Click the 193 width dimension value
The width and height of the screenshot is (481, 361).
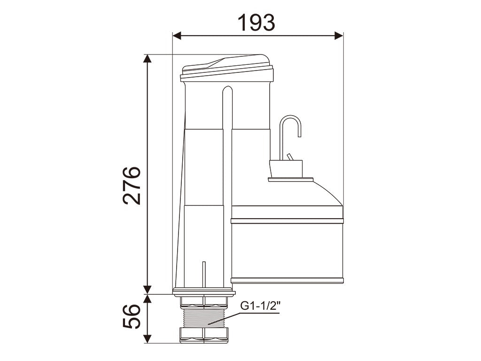click(x=256, y=23)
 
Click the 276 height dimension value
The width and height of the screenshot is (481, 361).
click(x=132, y=186)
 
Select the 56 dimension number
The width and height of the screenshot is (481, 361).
click(x=132, y=316)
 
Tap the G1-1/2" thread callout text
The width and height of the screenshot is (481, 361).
click(x=260, y=306)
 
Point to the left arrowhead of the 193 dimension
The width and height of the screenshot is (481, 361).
click(x=177, y=36)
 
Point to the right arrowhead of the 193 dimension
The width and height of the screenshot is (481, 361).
click(x=339, y=36)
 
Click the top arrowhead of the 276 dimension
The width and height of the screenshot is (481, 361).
click(x=148, y=59)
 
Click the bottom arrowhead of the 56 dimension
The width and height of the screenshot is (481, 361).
click(x=148, y=338)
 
